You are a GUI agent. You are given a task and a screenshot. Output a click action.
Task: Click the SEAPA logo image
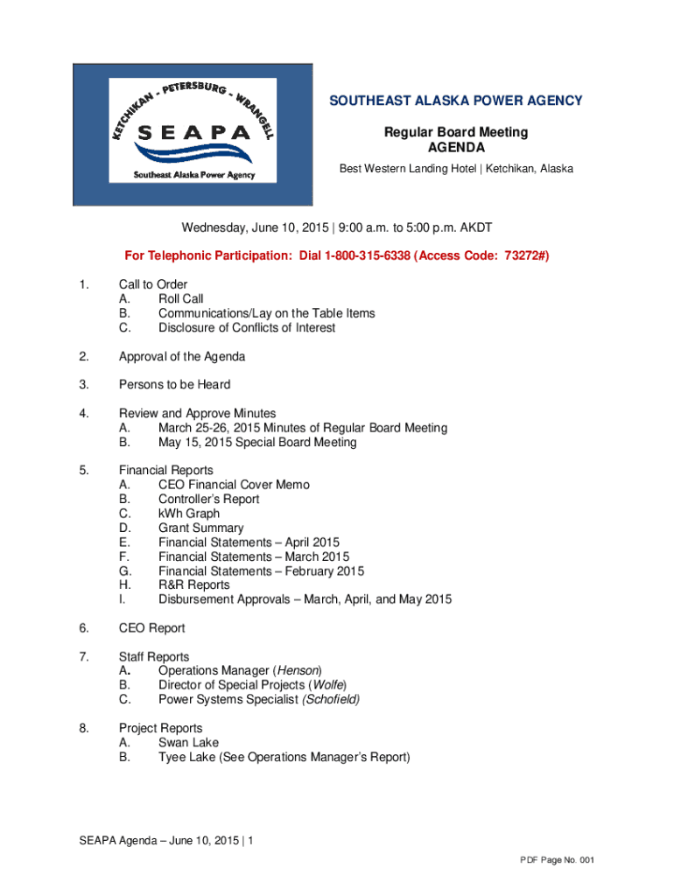(193, 134)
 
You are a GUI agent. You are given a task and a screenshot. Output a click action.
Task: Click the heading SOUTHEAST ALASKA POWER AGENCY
(455, 101)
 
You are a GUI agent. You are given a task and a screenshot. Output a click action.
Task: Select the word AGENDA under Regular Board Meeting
(455, 147)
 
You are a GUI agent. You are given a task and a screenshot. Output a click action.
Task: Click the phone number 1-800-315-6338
(368, 255)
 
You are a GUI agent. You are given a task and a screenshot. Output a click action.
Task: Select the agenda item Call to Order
(153, 284)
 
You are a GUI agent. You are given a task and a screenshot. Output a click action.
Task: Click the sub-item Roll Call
(180, 299)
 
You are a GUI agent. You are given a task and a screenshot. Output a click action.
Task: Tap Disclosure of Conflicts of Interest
(246, 328)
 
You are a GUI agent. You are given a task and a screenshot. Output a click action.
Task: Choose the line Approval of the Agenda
(182, 356)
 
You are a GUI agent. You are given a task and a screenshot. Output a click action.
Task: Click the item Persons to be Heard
(175, 385)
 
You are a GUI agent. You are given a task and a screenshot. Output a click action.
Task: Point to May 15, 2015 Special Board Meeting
(257, 443)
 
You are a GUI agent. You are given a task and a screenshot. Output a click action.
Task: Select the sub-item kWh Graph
(188, 514)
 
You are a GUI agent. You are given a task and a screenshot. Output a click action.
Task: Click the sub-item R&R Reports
(193, 585)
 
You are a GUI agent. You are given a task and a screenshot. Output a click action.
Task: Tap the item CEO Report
(152, 628)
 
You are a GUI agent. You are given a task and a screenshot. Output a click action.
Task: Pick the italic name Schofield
(331, 700)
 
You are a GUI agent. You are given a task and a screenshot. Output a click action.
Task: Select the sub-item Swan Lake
(188, 743)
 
